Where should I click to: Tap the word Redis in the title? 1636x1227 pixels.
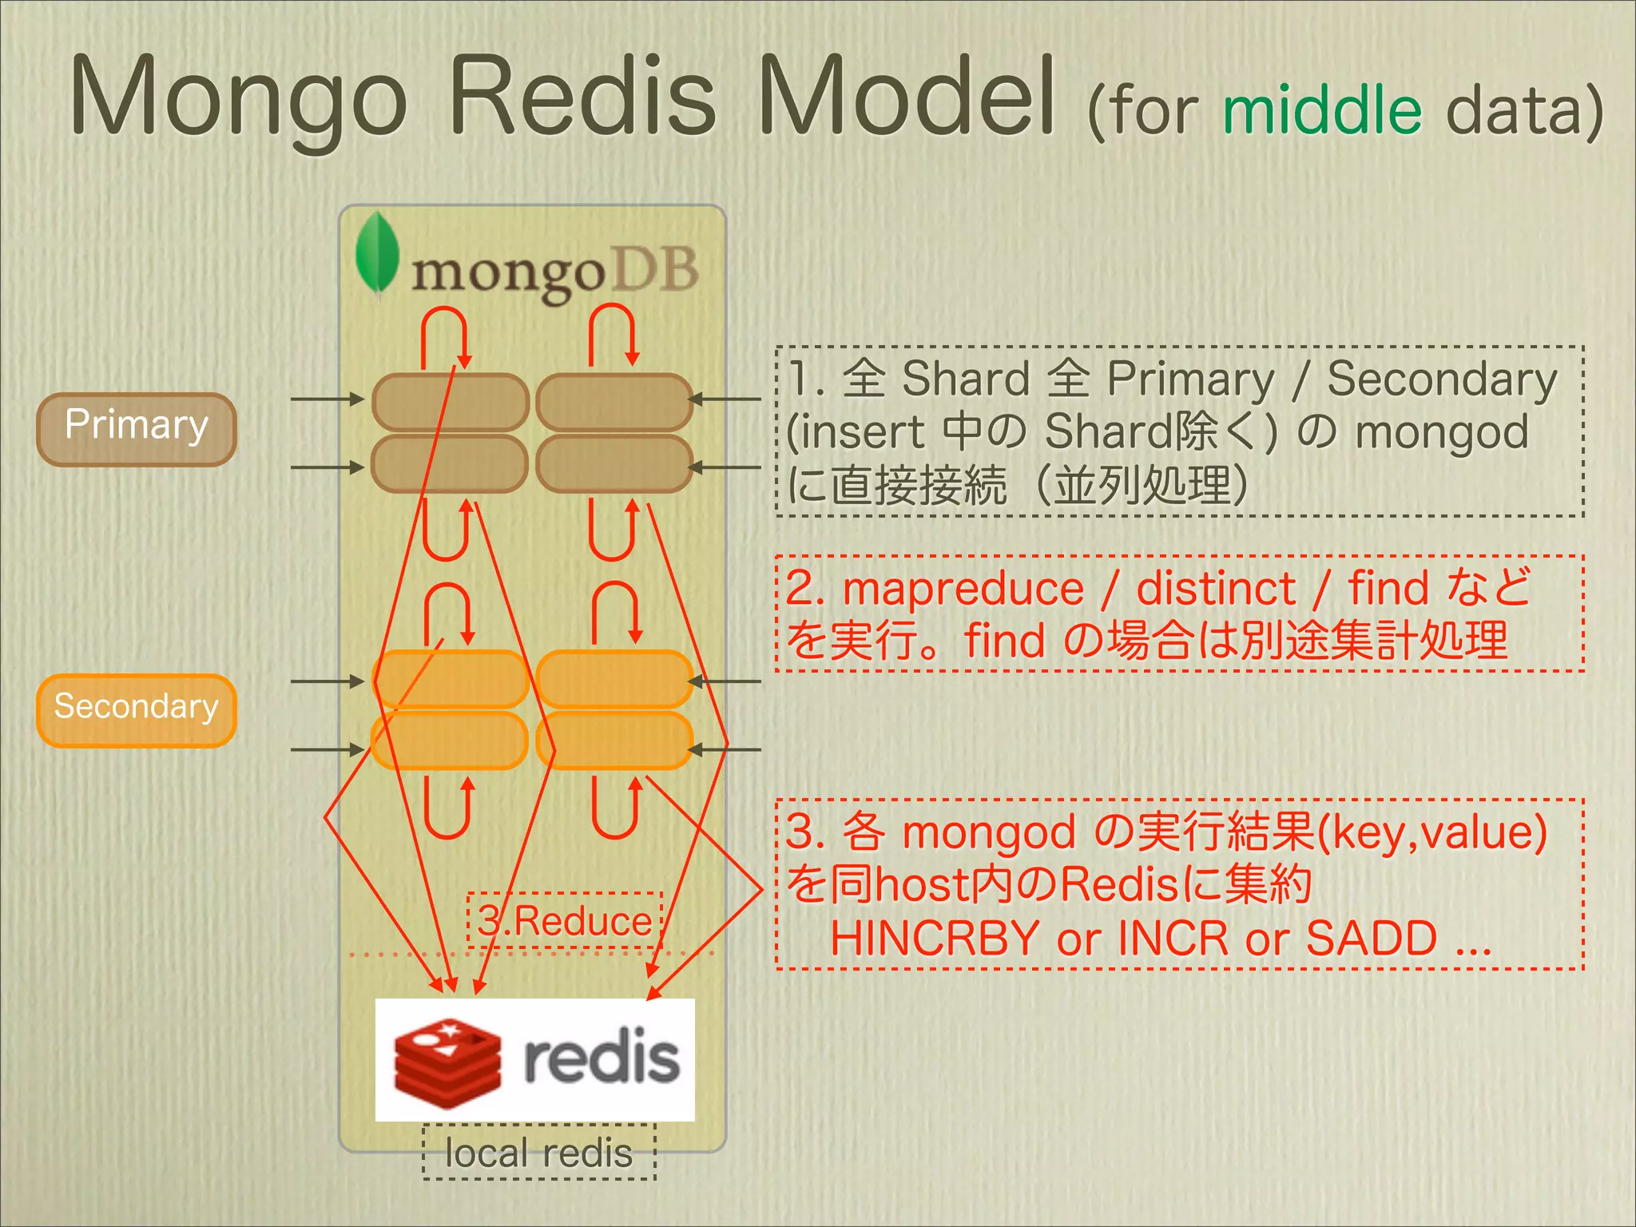[582, 97]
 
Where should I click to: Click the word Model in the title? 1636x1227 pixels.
[906, 97]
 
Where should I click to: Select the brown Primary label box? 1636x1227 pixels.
[137, 429]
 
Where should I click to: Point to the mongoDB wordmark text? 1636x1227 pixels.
[554, 272]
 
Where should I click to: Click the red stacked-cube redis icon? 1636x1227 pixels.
[447, 1062]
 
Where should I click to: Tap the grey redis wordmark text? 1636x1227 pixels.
[602, 1059]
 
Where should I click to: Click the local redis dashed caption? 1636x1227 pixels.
[539, 1152]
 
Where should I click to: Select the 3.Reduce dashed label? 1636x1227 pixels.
[565, 920]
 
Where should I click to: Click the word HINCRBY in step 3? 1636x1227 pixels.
[934, 938]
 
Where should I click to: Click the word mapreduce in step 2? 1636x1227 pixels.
[963, 590]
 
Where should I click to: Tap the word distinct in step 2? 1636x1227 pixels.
[1215, 590]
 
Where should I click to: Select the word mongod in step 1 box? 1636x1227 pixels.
[1441, 432]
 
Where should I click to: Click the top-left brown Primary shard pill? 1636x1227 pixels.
[450, 402]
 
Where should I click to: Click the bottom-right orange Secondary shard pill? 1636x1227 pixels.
[614, 741]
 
